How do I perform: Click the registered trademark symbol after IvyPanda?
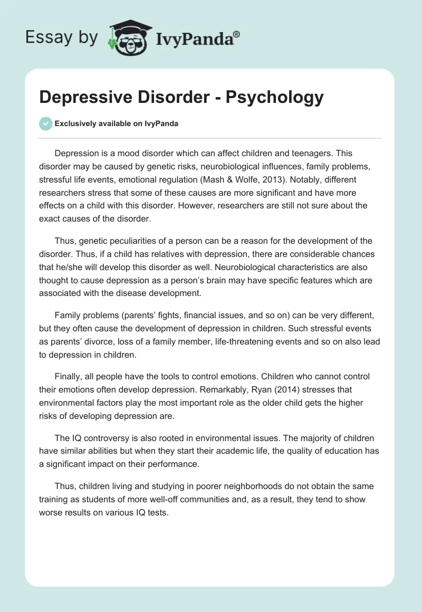tap(237, 34)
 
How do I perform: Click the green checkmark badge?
tap(45, 123)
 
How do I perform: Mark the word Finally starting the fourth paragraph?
tap(68, 377)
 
